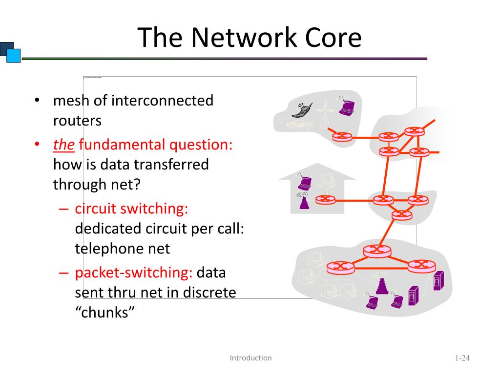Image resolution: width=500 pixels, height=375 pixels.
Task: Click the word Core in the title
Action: (333, 38)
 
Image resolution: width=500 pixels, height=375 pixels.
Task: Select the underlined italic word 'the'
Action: (63, 145)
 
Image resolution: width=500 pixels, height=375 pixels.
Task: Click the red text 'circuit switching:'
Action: (131, 208)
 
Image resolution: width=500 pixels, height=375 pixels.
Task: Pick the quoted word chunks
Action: (104, 312)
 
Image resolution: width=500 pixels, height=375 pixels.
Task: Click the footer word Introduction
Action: (250, 358)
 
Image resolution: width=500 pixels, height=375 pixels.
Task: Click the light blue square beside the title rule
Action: (13, 56)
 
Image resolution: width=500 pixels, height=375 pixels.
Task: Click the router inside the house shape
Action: (323, 199)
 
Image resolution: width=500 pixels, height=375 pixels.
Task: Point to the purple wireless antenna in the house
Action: (304, 201)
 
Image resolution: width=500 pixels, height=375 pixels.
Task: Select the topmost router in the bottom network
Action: (377, 250)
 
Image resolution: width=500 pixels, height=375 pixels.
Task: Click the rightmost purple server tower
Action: (437, 281)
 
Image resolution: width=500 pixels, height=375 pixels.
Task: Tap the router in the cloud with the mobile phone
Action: (341, 137)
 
